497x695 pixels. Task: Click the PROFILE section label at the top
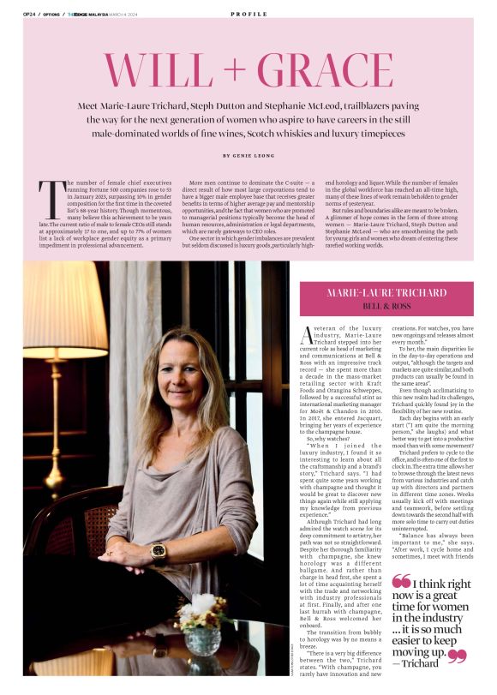[248, 15]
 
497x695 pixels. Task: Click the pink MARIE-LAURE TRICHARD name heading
[386, 293]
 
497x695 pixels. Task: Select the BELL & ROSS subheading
[386, 306]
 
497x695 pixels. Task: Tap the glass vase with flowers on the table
[205, 635]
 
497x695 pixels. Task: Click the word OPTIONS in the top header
[52, 15]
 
